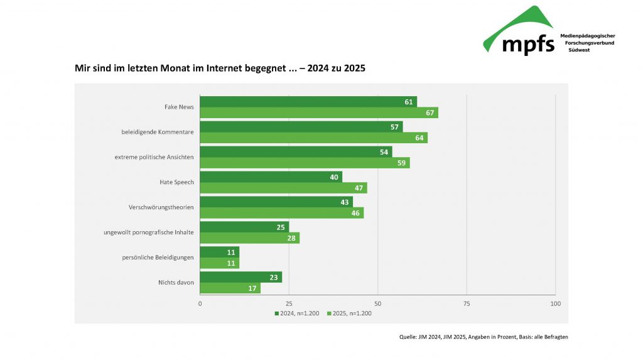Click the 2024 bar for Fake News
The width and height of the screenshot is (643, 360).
click(x=308, y=102)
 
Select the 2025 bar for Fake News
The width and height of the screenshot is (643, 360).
click(x=318, y=113)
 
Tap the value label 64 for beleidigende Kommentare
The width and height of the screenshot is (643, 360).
click(x=420, y=138)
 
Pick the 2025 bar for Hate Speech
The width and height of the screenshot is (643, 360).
click(x=283, y=188)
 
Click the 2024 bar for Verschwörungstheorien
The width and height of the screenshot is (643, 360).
click(x=276, y=202)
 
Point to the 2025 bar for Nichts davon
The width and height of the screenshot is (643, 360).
click(x=230, y=288)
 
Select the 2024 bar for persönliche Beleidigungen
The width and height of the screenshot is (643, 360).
click(x=219, y=252)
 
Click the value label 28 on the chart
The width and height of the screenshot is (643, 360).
click(x=292, y=238)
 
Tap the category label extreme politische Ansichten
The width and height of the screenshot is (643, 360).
click(x=154, y=157)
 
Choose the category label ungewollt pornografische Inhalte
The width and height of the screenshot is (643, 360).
click(x=149, y=232)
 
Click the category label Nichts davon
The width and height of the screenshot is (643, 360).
click(x=176, y=283)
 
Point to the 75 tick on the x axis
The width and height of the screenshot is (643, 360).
click(x=467, y=304)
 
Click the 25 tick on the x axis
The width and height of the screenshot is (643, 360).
click(x=289, y=304)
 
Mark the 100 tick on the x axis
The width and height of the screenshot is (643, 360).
click(x=555, y=304)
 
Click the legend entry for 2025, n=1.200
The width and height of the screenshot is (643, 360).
click(x=349, y=313)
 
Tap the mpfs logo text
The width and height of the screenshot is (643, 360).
click(x=528, y=44)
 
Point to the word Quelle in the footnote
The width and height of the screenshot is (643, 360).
click(x=408, y=337)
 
